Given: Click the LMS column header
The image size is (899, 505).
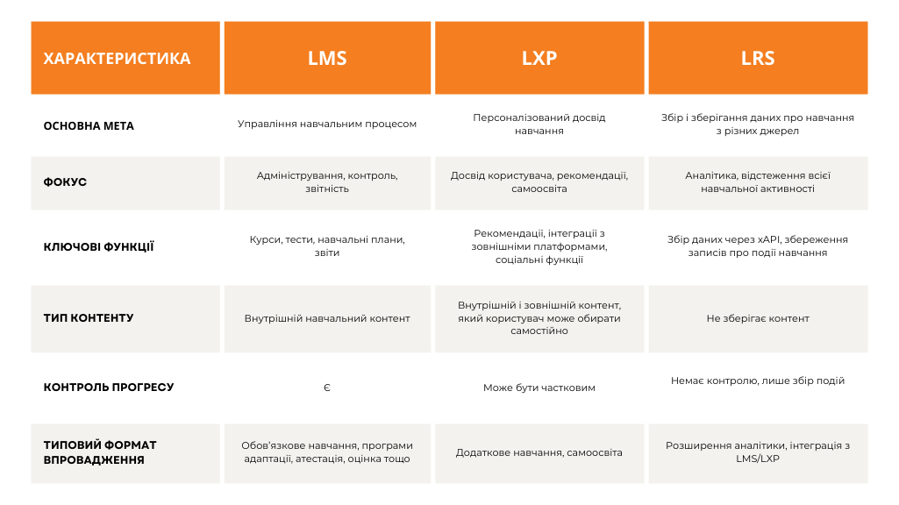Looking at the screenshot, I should click(327, 59).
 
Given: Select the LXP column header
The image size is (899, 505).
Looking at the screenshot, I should click(539, 59).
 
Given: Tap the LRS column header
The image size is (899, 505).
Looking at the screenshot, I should click(758, 59).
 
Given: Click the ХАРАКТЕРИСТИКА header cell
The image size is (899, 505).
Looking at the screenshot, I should click(117, 59).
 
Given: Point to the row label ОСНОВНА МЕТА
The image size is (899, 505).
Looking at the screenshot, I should click(89, 125).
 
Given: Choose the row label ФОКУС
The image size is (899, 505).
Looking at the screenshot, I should click(65, 182).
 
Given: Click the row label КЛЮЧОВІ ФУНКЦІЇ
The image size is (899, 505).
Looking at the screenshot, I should click(98, 246).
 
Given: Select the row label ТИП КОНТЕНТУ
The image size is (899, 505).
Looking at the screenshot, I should click(89, 317).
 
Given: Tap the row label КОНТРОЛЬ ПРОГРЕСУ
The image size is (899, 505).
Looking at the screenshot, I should click(109, 387).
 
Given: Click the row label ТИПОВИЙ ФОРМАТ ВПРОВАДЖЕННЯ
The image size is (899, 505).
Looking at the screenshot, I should click(100, 452).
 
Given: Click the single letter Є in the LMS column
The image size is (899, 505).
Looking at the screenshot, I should click(327, 388).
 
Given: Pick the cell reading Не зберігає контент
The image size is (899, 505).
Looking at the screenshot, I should click(758, 318).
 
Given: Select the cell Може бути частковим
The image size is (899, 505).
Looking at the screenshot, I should click(539, 388).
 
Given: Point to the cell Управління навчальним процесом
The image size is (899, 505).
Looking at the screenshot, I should click(327, 124).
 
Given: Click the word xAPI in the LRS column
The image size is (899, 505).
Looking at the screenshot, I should click(769, 239).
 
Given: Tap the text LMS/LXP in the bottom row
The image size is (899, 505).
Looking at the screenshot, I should click(758, 459).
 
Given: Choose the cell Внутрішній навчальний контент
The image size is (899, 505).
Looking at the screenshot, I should click(327, 318).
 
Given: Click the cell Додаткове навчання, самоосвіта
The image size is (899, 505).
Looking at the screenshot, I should click(539, 452).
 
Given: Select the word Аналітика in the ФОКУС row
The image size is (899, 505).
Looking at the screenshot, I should click(711, 175).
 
